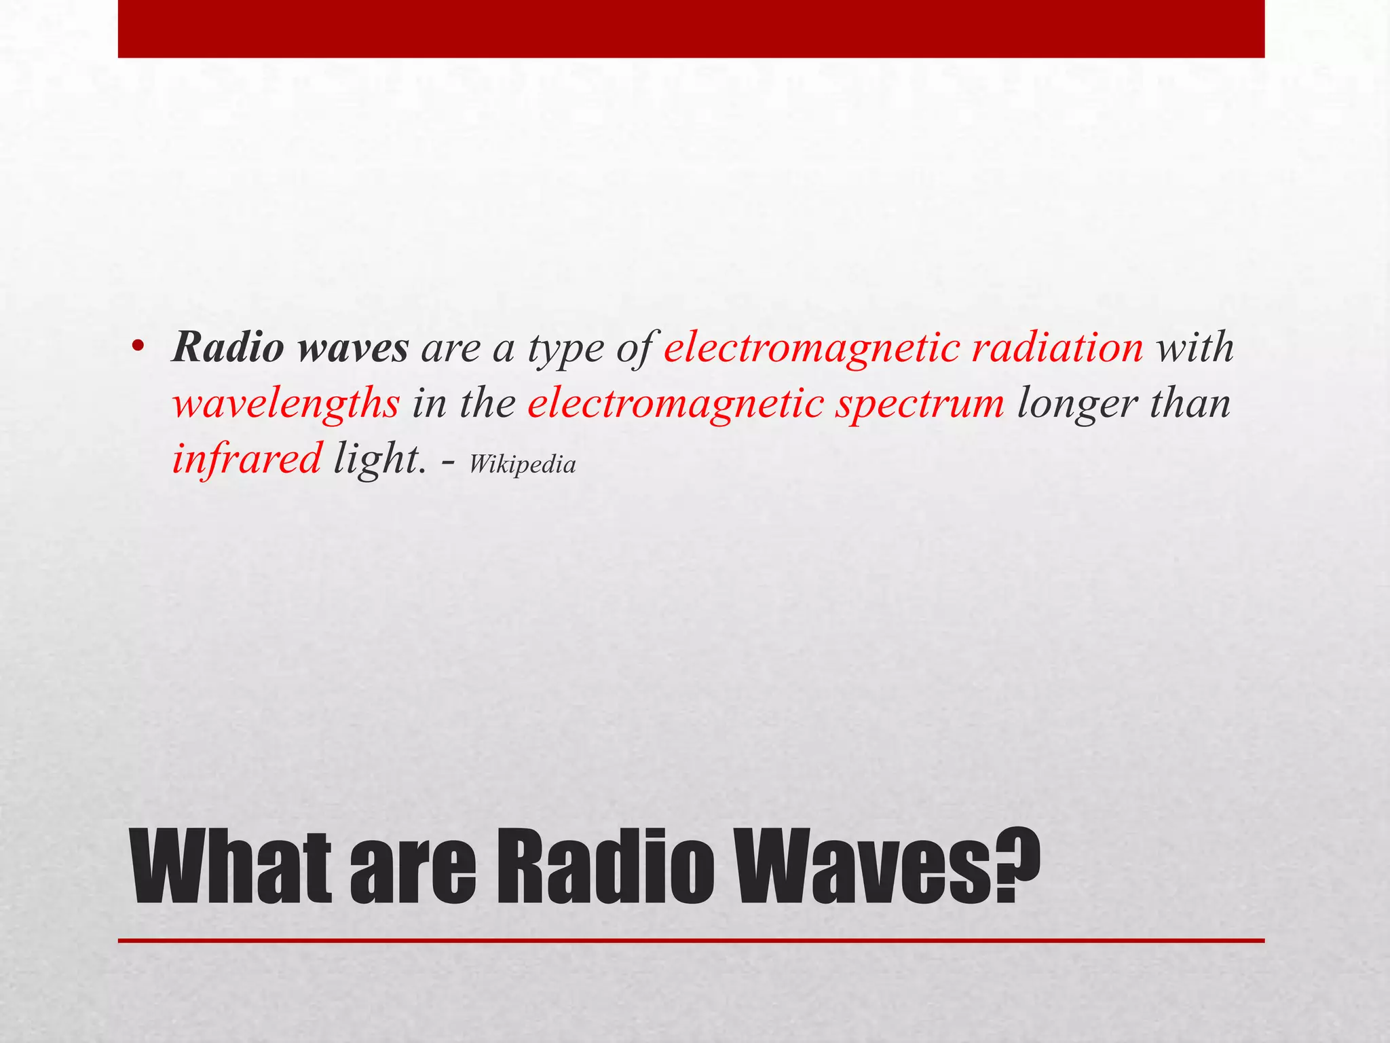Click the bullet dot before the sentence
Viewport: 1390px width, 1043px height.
point(138,347)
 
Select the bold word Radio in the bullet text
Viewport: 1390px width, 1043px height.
point(228,347)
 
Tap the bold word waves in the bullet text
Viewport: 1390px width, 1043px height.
point(353,347)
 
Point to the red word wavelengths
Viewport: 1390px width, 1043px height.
point(286,404)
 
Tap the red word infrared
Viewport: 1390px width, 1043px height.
point(246,458)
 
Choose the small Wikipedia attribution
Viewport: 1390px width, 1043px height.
point(522,464)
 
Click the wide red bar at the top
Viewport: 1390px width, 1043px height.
point(691,29)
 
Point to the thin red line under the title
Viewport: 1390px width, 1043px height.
point(691,940)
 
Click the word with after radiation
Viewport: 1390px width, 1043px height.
point(1195,347)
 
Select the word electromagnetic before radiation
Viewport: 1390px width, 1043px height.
point(811,348)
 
